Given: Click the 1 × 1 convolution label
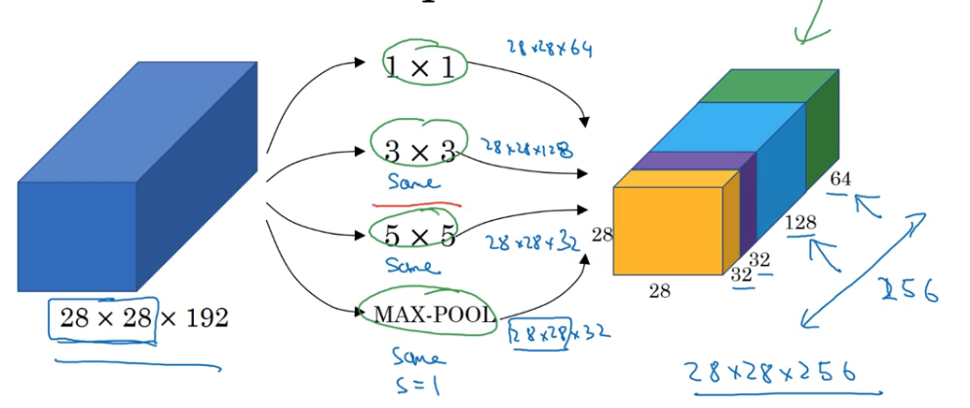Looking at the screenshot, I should [424, 65].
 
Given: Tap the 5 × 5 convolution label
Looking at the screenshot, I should [419, 236].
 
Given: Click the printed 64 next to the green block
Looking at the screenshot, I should [840, 178].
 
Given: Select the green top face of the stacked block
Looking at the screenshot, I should [770, 86].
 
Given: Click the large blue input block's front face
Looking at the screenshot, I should [76, 234].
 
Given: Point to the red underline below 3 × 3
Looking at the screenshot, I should [416, 205].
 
